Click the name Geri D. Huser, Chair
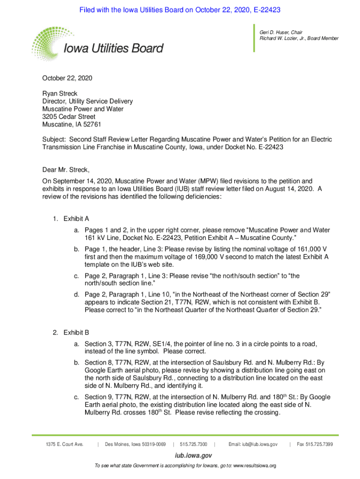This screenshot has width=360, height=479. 281,32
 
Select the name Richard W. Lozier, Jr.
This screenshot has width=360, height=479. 285,38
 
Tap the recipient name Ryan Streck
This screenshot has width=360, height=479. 60,94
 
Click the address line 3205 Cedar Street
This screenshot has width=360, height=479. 69,116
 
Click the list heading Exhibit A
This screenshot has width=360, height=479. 76,218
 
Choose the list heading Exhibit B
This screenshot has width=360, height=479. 76,333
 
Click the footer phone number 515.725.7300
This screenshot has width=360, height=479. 194,444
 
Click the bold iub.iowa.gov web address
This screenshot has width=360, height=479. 180,455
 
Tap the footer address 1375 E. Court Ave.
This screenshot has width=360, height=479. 65,444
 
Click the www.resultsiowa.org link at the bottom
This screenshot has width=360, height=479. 254,466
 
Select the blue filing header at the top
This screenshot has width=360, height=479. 180,10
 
